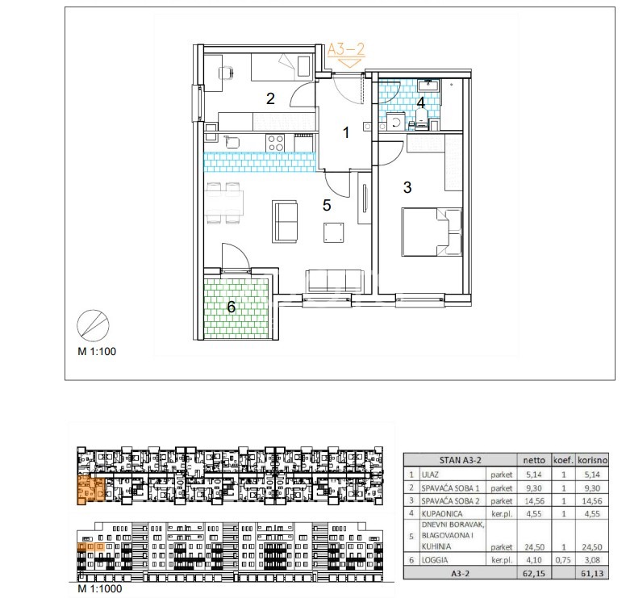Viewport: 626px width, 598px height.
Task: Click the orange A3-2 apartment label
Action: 346,50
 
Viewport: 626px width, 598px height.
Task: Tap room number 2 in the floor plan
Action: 270,98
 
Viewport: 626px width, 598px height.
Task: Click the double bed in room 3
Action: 432,232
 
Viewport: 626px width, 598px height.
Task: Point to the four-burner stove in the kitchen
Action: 275,143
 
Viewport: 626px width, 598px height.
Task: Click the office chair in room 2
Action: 227,73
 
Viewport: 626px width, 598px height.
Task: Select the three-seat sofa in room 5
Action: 335,281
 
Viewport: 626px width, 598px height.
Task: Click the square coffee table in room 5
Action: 333,233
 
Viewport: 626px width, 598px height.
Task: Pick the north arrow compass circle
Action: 93,325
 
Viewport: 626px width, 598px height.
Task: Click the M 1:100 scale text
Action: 97,352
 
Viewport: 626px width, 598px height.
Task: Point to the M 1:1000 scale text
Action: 100,588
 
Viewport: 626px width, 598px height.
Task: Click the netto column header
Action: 534,460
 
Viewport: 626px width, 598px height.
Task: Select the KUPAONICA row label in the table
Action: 442,514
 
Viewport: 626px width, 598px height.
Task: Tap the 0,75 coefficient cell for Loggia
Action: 563,560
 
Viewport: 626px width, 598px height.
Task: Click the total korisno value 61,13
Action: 592,574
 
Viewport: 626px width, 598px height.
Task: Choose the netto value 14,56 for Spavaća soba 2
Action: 534,501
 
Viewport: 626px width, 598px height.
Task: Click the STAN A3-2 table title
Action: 461,460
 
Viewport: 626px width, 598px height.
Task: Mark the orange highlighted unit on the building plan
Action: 91,489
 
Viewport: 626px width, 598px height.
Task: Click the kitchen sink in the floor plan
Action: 232,142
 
